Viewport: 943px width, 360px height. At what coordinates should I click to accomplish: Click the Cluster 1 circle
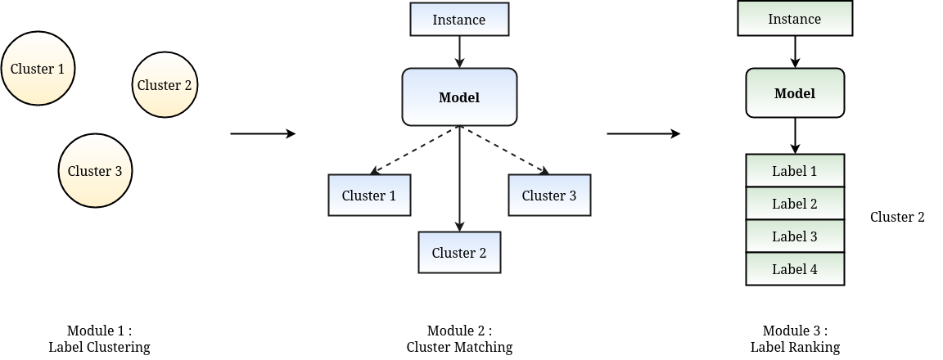click(38, 69)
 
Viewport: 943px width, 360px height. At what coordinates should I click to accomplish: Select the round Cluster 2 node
click(165, 85)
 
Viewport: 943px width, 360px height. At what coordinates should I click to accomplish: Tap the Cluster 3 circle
click(95, 171)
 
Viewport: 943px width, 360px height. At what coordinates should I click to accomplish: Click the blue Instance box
click(459, 20)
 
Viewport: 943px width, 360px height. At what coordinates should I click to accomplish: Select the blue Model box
click(459, 97)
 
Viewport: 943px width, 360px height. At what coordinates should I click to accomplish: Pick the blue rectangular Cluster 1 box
click(369, 196)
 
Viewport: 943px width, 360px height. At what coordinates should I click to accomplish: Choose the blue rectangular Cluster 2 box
click(459, 253)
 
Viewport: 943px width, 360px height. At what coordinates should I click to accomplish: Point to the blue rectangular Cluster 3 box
click(549, 196)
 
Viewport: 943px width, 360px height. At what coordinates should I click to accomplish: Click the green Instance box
click(795, 19)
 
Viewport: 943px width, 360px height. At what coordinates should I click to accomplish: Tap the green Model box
click(795, 93)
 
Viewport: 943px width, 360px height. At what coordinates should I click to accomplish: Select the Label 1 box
click(795, 171)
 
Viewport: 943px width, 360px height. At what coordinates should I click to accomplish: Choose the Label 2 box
click(795, 204)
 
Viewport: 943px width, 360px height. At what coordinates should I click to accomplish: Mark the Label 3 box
click(795, 236)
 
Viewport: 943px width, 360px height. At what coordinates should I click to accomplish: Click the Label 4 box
click(795, 269)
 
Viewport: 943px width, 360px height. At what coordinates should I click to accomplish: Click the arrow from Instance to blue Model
click(459, 52)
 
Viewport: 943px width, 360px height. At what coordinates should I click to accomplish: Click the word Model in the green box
click(795, 93)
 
